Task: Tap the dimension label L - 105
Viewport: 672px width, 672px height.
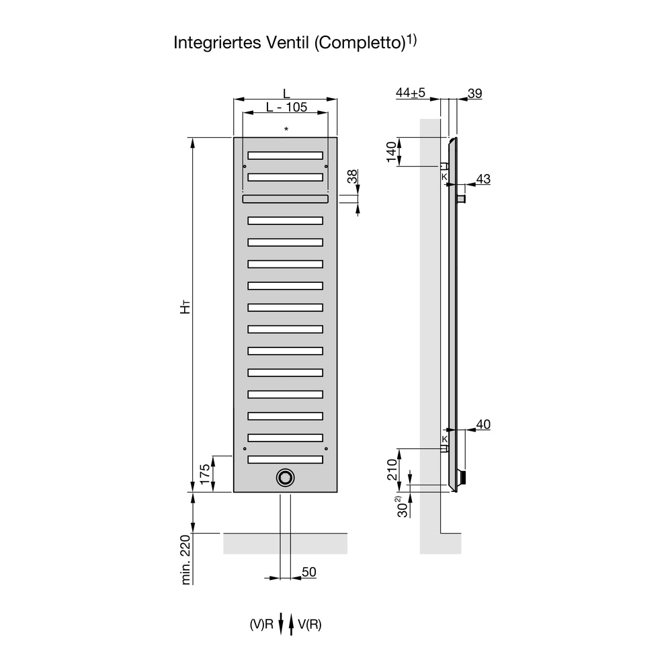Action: tap(286, 108)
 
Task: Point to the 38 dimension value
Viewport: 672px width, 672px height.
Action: tap(351, 178)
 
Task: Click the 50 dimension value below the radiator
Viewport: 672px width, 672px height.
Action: tap(308, 572)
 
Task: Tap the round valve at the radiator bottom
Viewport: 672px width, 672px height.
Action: tap(285, 476)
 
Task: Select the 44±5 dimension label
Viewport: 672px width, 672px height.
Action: tap(411, 93)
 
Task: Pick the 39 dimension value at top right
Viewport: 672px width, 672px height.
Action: tap(474, 93)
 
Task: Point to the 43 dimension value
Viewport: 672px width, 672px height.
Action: tap(482, 179)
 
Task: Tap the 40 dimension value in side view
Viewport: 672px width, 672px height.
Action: tap(482, 425)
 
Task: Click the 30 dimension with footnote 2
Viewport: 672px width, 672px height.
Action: tap(401, 506)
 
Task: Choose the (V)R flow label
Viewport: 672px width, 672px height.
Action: tap(261, 624)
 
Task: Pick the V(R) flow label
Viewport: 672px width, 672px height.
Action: tap(310, 624)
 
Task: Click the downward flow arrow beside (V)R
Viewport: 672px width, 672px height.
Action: tap(281, 624)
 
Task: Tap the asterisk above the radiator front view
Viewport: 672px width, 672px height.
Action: tap(286, 128)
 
